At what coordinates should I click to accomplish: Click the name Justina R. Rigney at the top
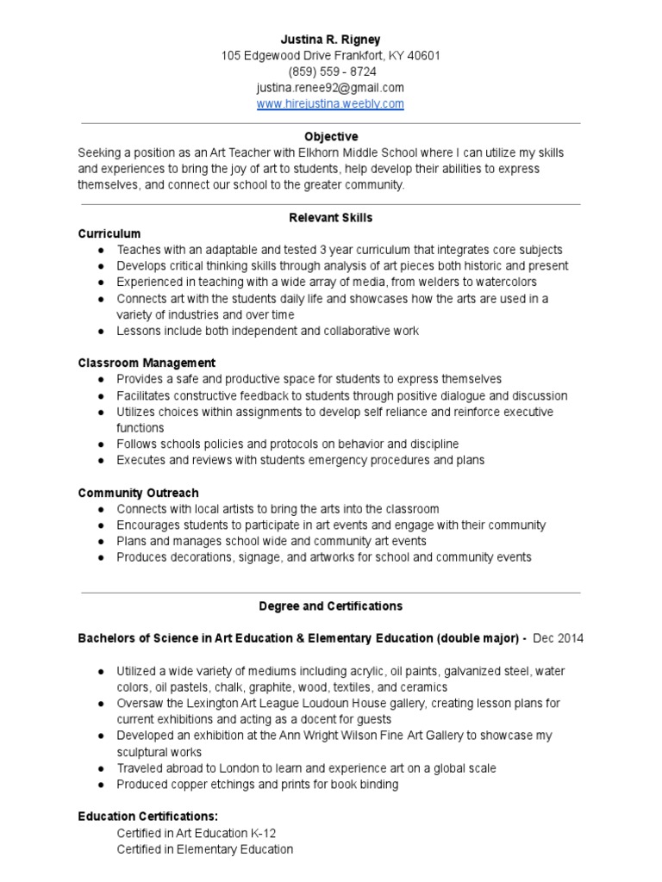pyautogui.click(x=331, y=40)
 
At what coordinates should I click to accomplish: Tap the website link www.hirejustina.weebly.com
pyautogui.click(x=331, y=104)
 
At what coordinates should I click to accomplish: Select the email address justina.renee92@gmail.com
pyautogui.click(x=331, y=88)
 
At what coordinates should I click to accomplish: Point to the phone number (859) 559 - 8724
pyautogui.click(x=331, y=71)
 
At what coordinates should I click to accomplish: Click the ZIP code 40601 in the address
pyautogui.click(x=423, y=56)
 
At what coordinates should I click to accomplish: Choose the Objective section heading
pyautogui.click(x=331, y=137)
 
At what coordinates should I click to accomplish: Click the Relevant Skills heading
pyautogui.click(x=331, y=218)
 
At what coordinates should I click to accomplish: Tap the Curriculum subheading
pyautogui.click(x=109, y=233)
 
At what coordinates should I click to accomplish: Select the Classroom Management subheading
pyautogui.click(x=147, y=363)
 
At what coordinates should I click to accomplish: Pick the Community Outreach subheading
pyautogui.click(x=138, y=493)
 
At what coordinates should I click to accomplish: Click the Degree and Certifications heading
pyautogui.click(x=331, y=606)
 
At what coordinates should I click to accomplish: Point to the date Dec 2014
pyautogui.click(x=559, y=639)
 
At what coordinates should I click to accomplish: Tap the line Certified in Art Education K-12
pyautogui.click(x=197, y=833)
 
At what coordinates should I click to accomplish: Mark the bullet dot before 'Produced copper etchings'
pyautogui.click(x=102, y=785)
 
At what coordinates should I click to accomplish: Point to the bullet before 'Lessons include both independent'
pyautogui.click(x=102, y=332)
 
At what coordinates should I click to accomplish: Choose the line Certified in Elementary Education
pyautogui.click(x=205, y=849)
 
